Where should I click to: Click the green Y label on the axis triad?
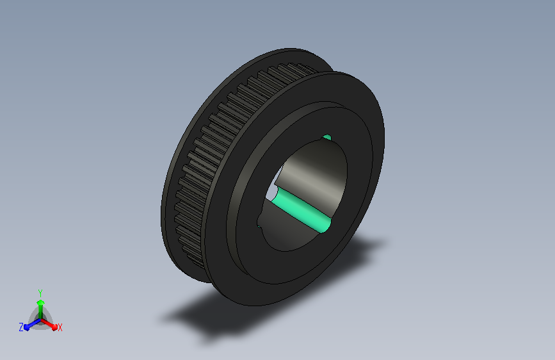[x=40, y=293]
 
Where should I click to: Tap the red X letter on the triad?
[x=60, y=328]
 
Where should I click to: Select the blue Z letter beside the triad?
[x=21, y=327]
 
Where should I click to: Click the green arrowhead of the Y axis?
[x=40, y=302]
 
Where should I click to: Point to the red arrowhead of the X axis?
[x=54, y=327]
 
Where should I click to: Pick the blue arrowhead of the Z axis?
[x=27, y=327]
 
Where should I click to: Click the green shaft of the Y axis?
[x=40, y=312]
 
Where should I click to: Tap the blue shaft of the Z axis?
[x=34, y=323]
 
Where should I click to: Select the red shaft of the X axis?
[x=47, y=323]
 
